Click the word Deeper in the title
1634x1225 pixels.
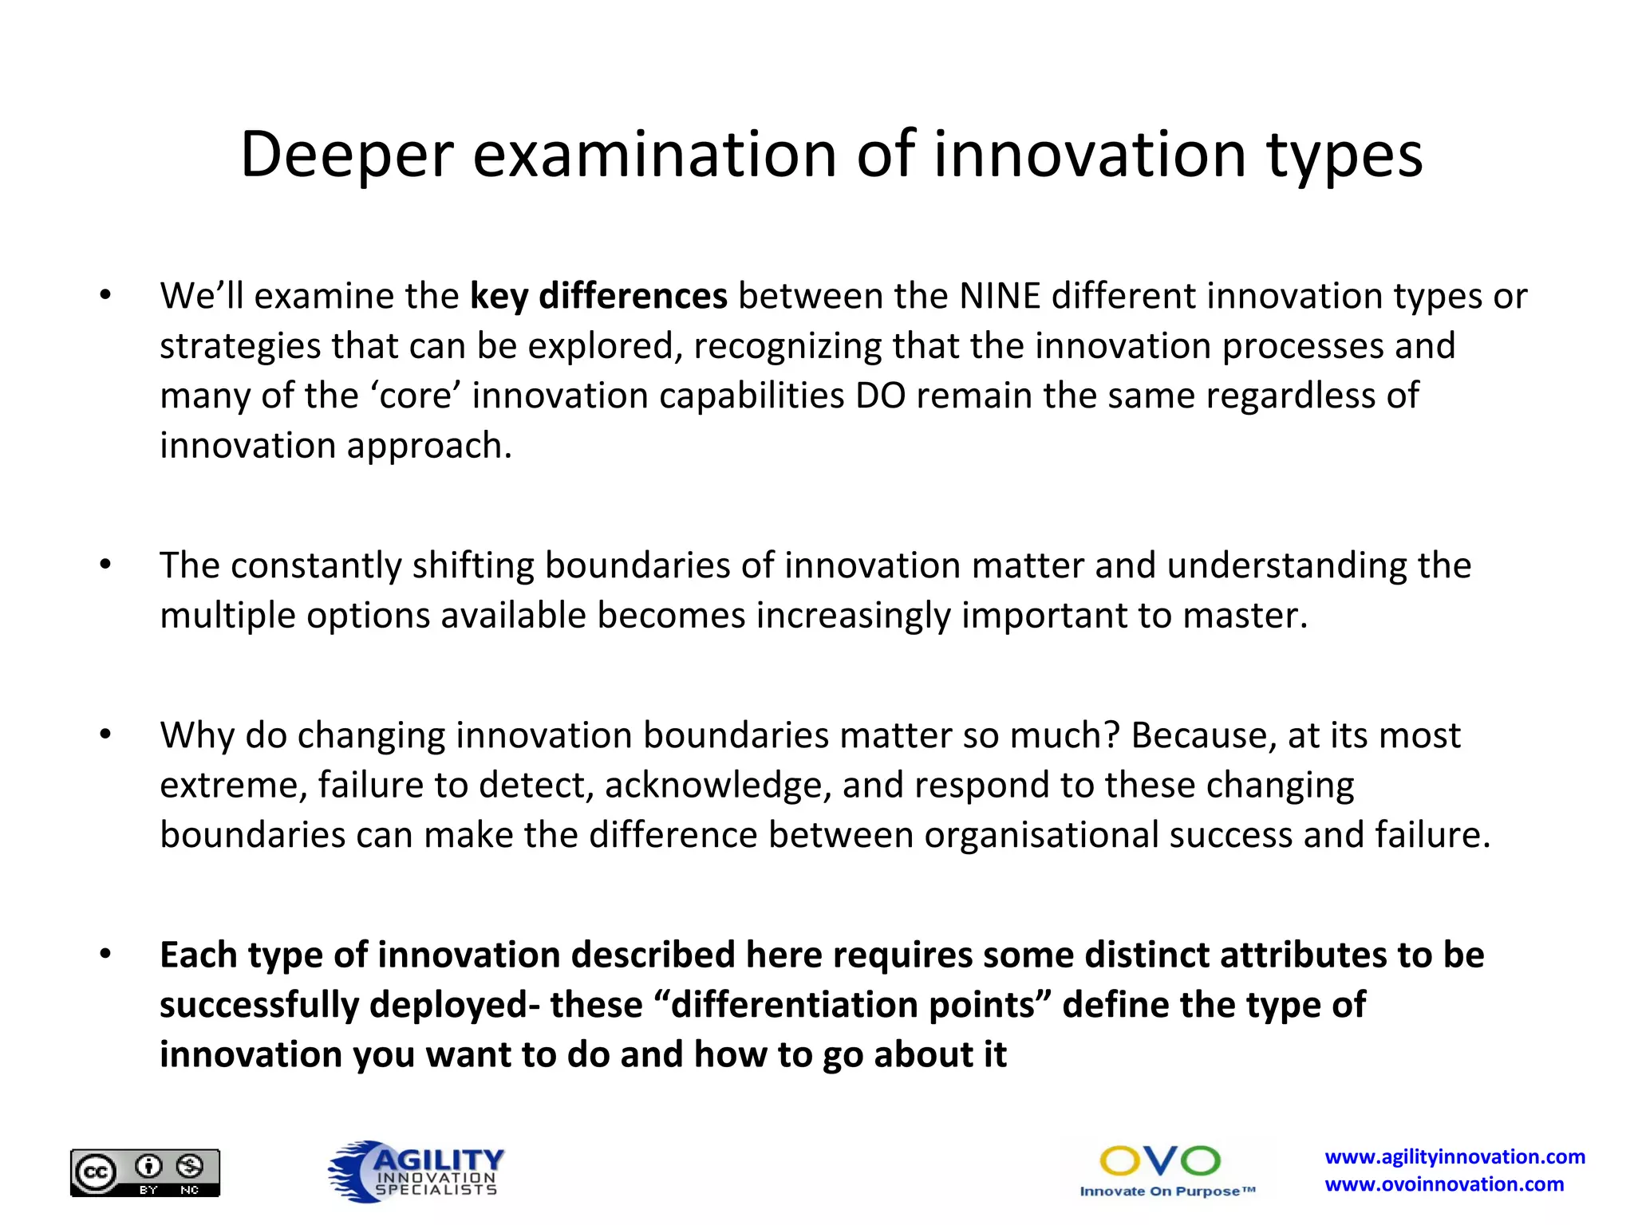click(346, 156)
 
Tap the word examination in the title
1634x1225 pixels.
click(653, 156)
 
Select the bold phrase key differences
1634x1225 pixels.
click(598, 297)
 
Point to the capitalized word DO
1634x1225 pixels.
click(880, 396)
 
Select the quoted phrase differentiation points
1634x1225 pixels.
click(852, 1005)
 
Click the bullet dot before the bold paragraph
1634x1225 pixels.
click(105, 954)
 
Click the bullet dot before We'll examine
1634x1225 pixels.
click(105, 296)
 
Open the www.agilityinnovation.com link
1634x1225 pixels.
click(1454, 1157)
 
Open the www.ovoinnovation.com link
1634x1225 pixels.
click(1444, 1185)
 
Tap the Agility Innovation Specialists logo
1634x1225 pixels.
click(416, 1171)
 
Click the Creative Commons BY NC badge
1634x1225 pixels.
click(145, 1172)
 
